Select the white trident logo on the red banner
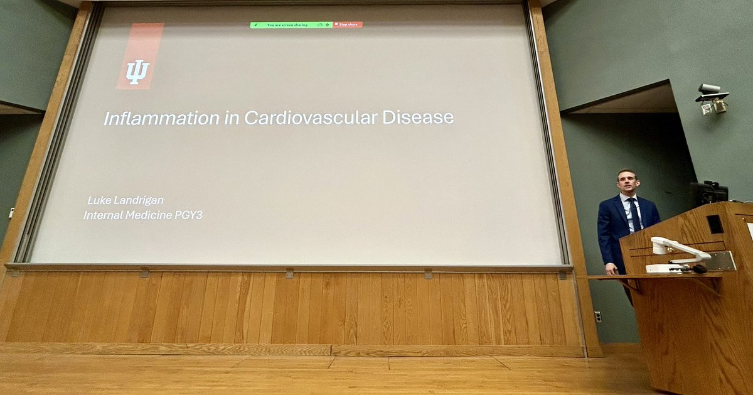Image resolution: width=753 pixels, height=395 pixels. [x=137, y=72]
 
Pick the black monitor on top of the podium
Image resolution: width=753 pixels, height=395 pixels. [x=709, y=192]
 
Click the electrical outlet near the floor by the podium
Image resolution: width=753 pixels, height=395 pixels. [x=597, y=317]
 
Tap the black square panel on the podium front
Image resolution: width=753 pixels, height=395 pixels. [x=714, y=224]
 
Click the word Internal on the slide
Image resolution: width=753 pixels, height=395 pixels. [x=102, y=215]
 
